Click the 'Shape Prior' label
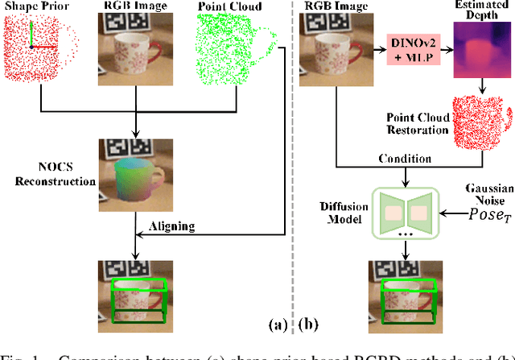click(33, 7)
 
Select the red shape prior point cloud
click(40, 52)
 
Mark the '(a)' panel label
click(276, 325)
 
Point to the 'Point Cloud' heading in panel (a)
click(229, 7)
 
